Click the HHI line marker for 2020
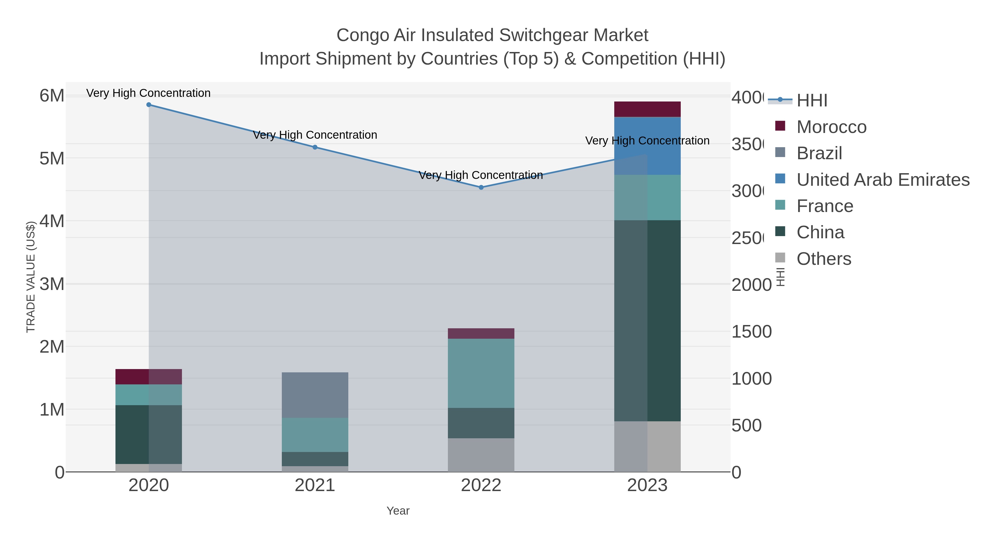(149, 105)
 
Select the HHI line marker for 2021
(315, 147)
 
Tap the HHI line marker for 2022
(481, 187)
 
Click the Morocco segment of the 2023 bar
(647, 109)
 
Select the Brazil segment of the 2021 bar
(315, 395)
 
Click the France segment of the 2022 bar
(481, 373)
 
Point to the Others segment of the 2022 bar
(481, 455)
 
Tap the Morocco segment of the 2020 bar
(149, 377)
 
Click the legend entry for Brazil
(819, 153)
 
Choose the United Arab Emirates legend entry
(882, 180)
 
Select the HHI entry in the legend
(812, 101)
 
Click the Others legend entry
(824, 259)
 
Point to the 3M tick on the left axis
(52, 284)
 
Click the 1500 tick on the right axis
(751, 332)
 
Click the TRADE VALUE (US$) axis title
(31, 277)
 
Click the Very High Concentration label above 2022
(481, 175)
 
